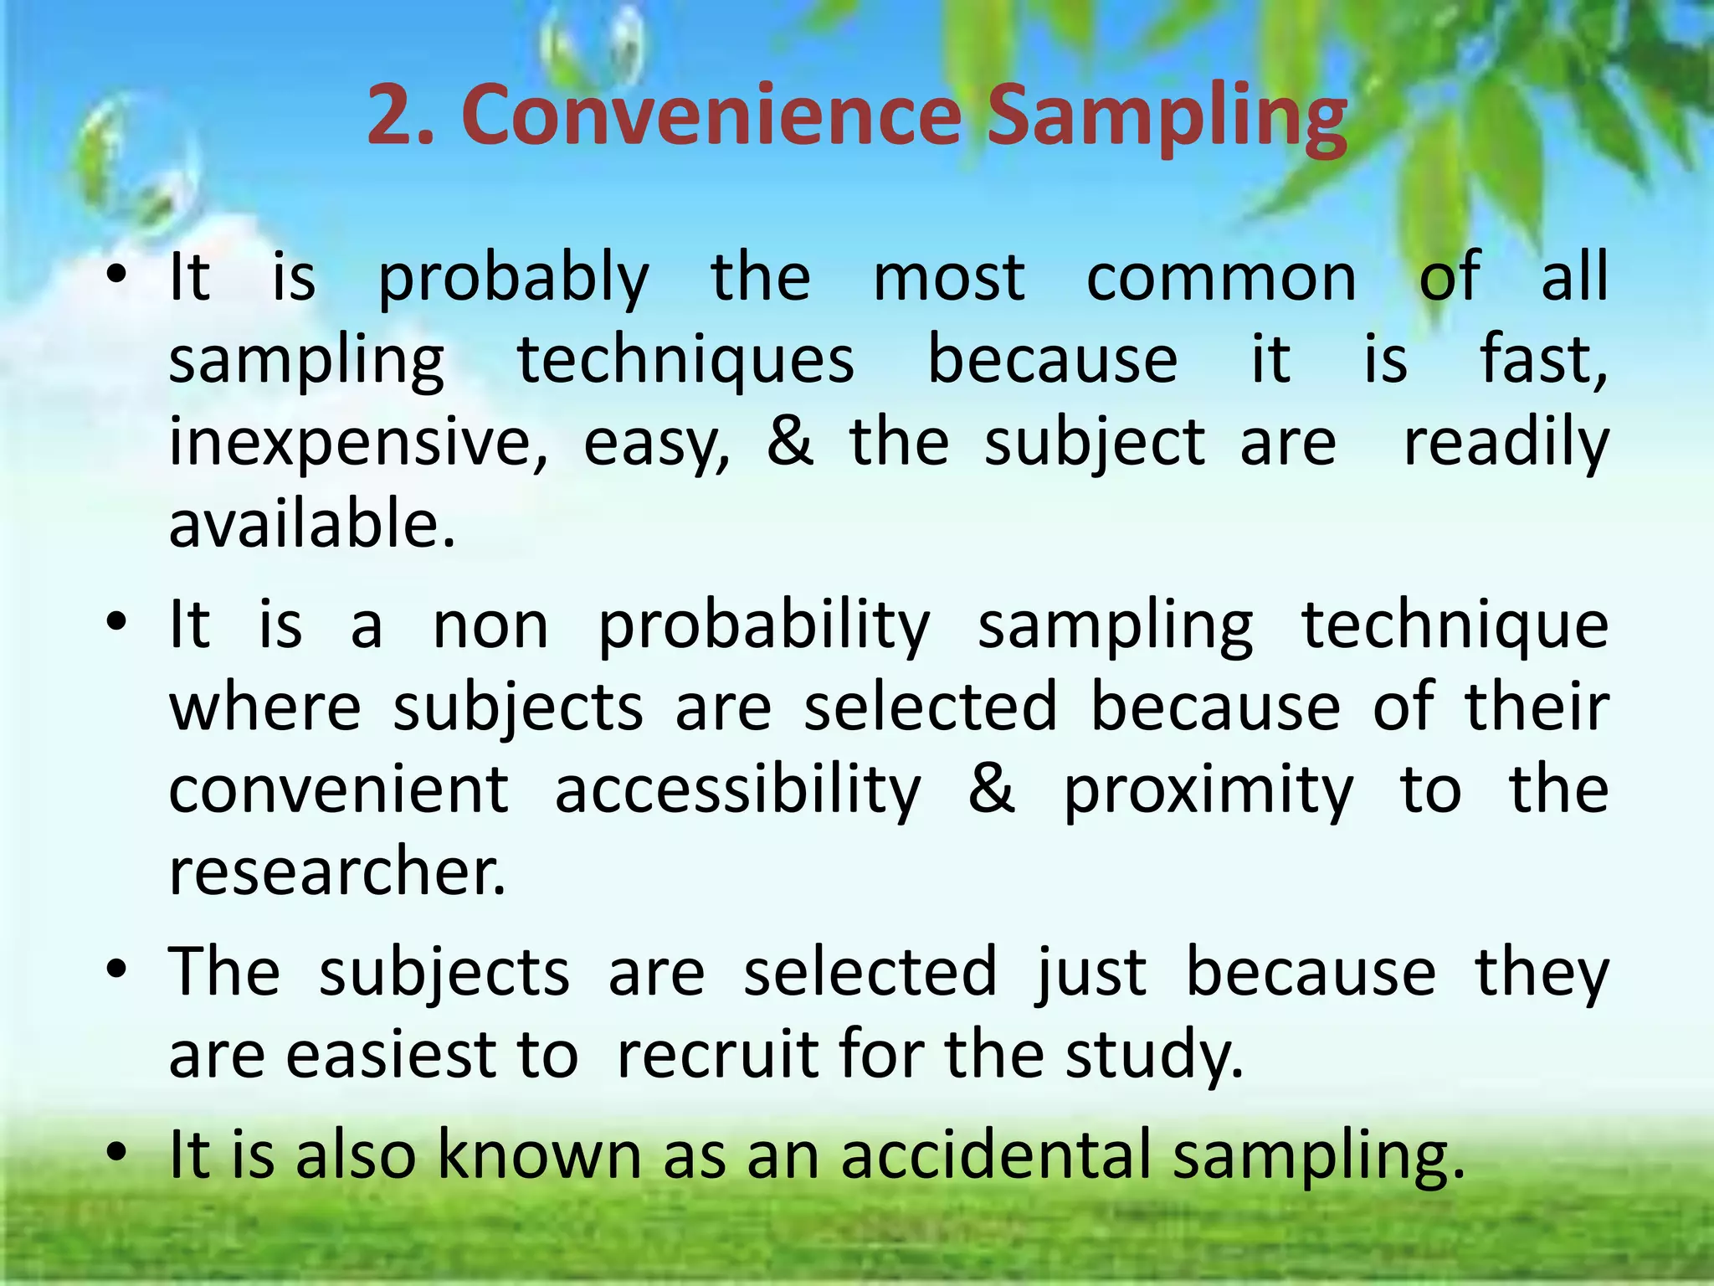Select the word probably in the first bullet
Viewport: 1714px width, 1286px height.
pos(513,278)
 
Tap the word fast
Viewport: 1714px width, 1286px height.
pos(1542,360)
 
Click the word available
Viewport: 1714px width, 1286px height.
pos(311,524)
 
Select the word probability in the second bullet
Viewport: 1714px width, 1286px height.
pos(763,626)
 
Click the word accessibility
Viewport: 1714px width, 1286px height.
pos(737,790)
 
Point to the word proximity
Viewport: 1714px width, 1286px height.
pos(1208,790)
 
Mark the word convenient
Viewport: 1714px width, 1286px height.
pos(338,790)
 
